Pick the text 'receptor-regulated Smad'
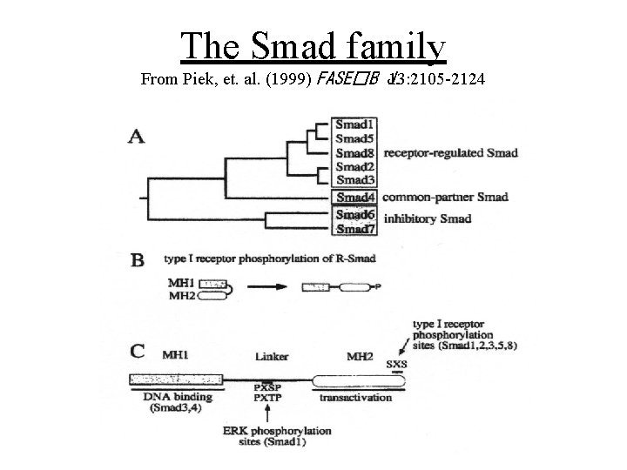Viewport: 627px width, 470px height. pos(450,153)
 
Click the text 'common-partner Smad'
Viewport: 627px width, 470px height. pos(445,197)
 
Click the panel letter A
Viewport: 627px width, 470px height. pos(138,137)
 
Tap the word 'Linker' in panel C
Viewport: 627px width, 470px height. pos(273,357)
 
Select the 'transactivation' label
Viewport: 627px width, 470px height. pos(354,398)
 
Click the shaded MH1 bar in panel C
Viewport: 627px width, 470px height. pos(174,379)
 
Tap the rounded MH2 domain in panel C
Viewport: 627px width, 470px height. pos(364,379)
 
